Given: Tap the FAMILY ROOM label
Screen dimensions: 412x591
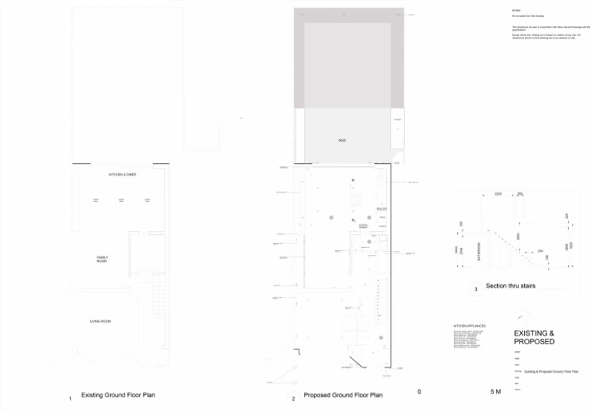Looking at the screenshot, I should (x=102, y=260).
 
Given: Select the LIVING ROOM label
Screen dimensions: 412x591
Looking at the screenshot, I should (x=100, y=320).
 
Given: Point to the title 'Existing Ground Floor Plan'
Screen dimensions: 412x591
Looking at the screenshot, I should (x=119, y=395).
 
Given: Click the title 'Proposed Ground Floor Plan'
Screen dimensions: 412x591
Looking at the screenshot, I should (x=342, y=395).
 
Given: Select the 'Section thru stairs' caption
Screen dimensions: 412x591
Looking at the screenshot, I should (x=510, y=286).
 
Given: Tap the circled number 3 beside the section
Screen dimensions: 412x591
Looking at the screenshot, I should (x=476, y=290).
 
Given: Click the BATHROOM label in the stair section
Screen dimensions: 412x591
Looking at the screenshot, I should (x=479, y=253).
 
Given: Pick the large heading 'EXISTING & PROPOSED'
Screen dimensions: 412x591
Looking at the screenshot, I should (x=534, y=337).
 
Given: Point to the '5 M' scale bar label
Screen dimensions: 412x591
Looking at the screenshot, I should (x=495, y=392).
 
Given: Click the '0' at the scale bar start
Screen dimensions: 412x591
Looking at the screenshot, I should (x=419, y=392).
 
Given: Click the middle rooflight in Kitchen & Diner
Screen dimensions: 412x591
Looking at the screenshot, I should (x=121, y=200).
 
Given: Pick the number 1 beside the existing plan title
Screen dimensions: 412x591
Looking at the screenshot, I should (x=70, y=399).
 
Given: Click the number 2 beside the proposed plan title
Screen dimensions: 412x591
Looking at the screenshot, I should (x=293, y=399).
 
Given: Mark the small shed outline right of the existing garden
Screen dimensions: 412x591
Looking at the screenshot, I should (x=201, y=121).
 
